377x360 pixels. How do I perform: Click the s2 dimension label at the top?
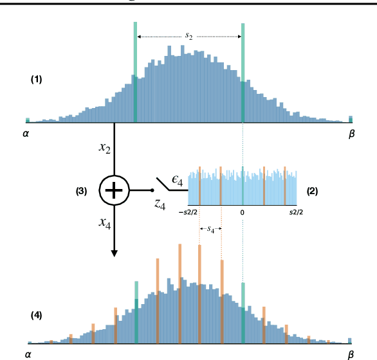[188, 37]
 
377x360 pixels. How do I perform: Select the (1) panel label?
[36, 80]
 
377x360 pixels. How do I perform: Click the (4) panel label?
[36, 315]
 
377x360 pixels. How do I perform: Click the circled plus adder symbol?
[114, 190]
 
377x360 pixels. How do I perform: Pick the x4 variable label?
[104, 222]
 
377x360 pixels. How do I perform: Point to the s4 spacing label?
[210, 228]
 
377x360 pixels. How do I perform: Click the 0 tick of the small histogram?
[243, 212]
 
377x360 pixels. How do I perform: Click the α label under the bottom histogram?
[27, 354]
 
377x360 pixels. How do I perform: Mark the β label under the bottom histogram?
[351, 354]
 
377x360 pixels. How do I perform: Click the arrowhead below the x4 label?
[115, 253]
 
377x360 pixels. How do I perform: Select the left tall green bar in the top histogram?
[135, 71]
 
